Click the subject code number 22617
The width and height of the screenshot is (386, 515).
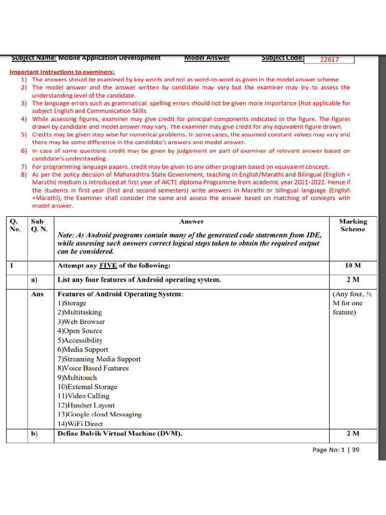329,59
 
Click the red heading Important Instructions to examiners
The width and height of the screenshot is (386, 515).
62,72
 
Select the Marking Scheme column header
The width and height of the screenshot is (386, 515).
353,225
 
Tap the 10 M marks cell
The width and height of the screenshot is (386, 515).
353,266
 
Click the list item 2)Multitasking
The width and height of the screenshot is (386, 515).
79,312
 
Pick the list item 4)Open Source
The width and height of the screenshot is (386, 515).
80,331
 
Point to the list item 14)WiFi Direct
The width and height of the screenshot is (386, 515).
80,424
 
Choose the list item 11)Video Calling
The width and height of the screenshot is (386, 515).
83,396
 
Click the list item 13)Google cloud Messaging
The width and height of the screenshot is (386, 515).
100,414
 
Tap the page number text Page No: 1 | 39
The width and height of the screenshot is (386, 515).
336,450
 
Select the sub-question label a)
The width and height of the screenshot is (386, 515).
34,280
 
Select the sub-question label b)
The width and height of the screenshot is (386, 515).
34,433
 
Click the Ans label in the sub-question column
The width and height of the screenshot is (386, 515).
37,294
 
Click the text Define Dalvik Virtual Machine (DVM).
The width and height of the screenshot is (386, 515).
120,433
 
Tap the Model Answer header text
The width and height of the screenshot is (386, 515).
207,58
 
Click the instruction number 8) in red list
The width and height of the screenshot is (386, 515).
24,175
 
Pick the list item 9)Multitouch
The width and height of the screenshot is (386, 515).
77,377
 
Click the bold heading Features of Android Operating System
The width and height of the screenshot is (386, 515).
120,294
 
